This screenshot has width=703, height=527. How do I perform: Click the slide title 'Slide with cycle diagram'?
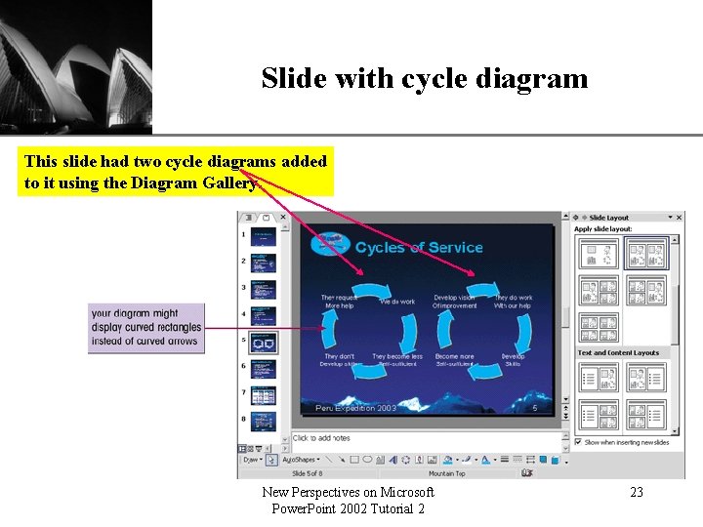(x=425, y=78)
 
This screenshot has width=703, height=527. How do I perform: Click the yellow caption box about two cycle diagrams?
(x=177, y=172)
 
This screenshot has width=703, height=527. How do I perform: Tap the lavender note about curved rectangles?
(x=145, y=327)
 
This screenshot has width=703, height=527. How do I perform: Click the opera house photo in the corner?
(x=76, y=66)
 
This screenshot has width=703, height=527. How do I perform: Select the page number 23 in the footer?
(x=636, y=493)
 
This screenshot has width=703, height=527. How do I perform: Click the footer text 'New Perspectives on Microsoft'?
(x=349, y=493)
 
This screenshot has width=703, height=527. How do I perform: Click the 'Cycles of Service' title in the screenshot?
(x=418, y=248)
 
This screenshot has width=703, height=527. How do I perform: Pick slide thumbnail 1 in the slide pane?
(x=264, y=236)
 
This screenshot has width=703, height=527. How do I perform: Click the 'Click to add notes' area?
(x=322, y=438)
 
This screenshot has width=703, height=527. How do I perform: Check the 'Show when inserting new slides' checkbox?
(x=578, y=442)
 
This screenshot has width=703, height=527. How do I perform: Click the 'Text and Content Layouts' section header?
(x=618, y=353)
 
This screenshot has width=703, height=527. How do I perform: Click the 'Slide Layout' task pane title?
(x=610, y=218)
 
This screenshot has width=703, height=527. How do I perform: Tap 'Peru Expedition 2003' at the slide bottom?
(x=355, y=408)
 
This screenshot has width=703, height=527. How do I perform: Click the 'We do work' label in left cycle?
(x=397, y=302)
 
